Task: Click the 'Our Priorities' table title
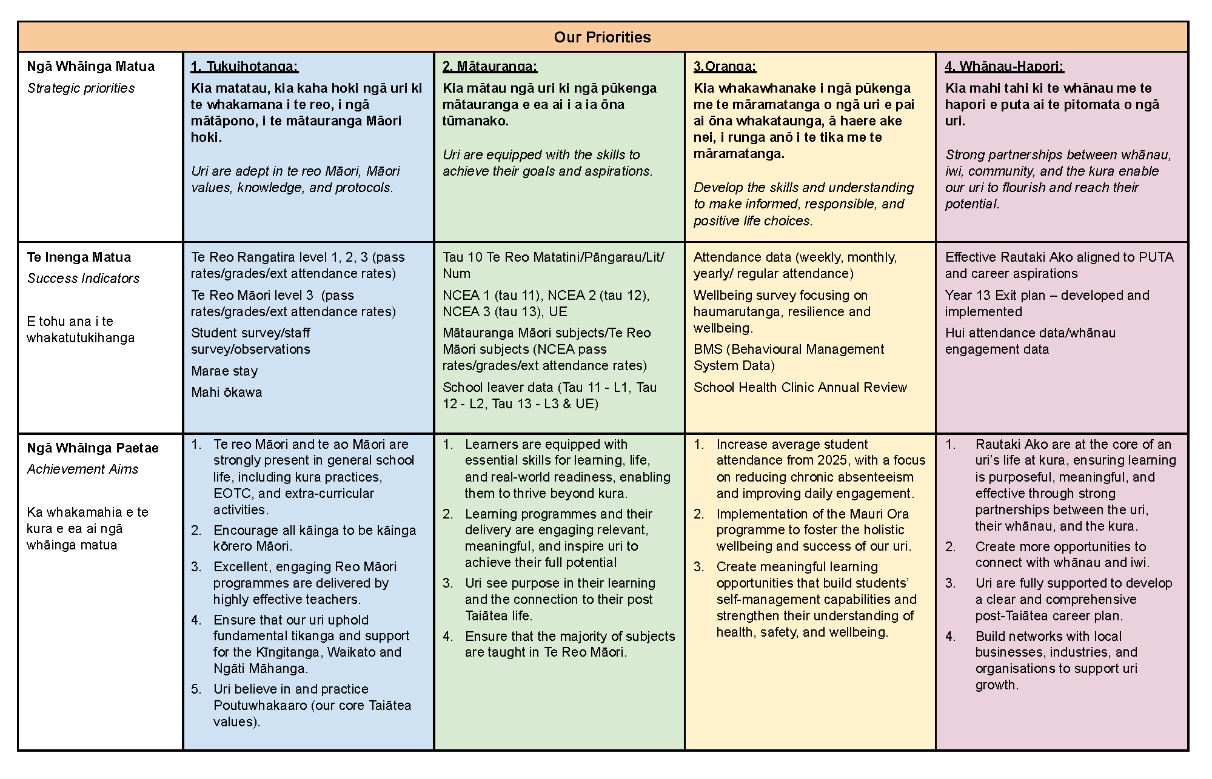tap(602, 37)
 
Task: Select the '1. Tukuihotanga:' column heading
tap(244, 67)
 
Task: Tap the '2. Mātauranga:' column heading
tap(490, 67)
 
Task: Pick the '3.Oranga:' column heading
tap(725, 67)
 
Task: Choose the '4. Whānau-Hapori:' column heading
tap(1004, 67)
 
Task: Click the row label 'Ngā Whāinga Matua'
tap(91, 67)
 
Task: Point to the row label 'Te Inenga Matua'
tap(79, 257)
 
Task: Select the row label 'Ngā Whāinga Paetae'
tap(93, 448)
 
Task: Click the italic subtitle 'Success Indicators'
tap(83, 279)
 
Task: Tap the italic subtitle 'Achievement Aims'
tap(82, 469)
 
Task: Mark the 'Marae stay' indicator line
tap(224, 371)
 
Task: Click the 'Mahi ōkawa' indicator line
tap(227, 393)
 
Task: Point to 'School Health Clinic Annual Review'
tap(800, 388)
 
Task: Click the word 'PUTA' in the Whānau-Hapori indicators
tap(1156, 257)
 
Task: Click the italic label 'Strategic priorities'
tap(81, 88)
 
